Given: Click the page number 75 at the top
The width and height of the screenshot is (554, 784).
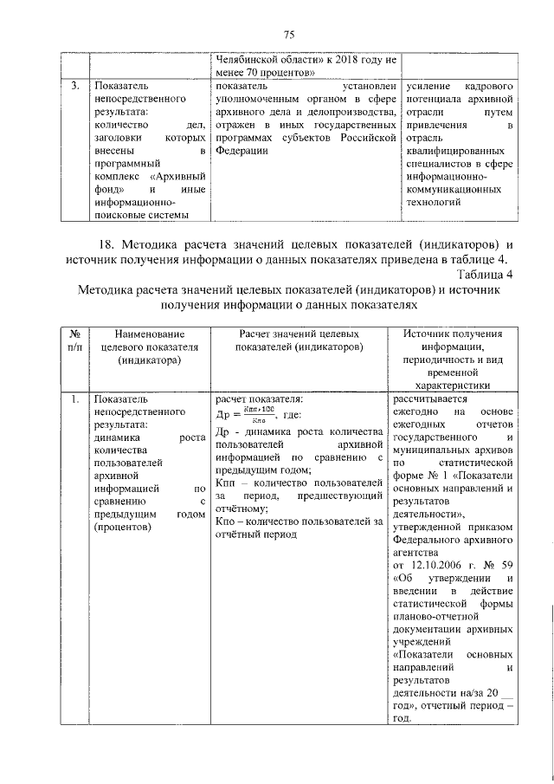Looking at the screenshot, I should (x=289, y=34).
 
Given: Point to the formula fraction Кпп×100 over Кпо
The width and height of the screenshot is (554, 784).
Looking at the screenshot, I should (x=253, y=413).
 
